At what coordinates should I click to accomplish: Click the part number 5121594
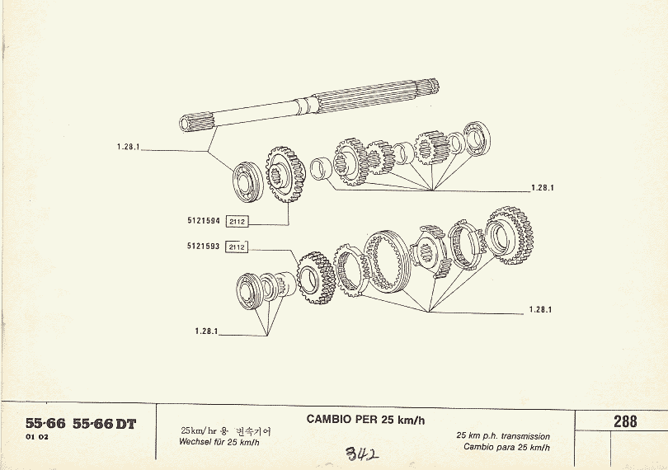[204, 220]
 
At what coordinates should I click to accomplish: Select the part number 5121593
[204, 246]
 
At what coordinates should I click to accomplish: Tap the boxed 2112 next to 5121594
[237, 221]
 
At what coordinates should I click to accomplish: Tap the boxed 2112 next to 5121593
[237, 247]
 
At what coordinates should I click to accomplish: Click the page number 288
[625, 421]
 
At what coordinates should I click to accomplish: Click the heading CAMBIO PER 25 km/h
[365, 419]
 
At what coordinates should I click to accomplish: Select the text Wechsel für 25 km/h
[219, 442]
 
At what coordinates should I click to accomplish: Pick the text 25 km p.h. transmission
[502, 435]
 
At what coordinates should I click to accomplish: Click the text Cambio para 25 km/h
[507, 447]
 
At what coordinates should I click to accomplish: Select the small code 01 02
[37, 437]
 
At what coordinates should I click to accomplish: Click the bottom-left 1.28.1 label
[206, 331]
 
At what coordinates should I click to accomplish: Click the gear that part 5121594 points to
[285, 174]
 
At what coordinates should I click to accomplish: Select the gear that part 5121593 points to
[313, 278]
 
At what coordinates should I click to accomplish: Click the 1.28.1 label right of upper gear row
[541, 187]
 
